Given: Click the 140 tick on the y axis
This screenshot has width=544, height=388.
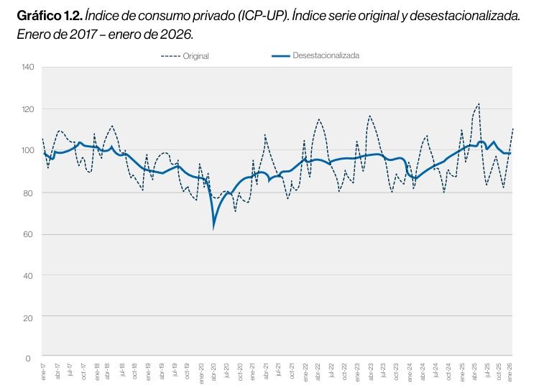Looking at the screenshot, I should click(x=28, y=68).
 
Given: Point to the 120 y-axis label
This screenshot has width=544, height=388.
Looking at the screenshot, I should click(x=28, y=109).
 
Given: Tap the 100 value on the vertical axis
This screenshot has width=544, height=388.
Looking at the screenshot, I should click(x=28, y=150).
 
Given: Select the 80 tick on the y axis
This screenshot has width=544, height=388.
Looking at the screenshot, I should click(x=29, y=192).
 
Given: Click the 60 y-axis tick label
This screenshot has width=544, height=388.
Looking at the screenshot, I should click(x=29, y=234).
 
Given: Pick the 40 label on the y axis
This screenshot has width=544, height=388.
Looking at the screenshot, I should click(x=29, y=275).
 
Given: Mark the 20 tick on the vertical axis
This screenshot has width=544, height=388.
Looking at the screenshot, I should click(x=29, y=316).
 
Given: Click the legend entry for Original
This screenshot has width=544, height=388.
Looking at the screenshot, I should click(x=195, y=56).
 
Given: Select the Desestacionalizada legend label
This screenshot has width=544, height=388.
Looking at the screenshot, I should click(x=326, y=55).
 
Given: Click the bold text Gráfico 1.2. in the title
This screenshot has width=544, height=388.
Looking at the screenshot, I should click(x=46, y=16).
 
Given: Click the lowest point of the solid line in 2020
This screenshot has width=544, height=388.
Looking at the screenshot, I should click(x=213, y=228).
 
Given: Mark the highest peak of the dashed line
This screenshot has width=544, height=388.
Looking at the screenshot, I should click(x=479, y=103).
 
